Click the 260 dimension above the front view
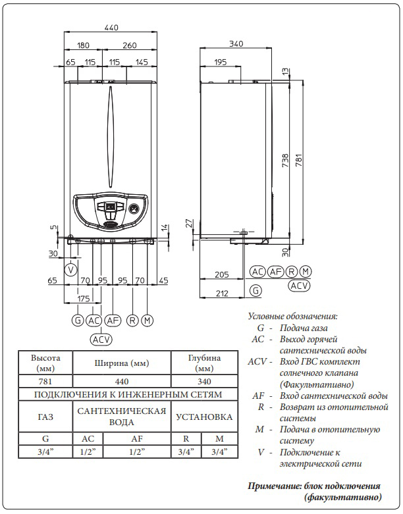[x=129, y=45]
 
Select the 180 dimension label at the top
[x=82, y=45]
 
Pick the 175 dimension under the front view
[x=83, y=298]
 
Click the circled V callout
[x=71, y=269]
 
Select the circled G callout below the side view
[x=255, y=290]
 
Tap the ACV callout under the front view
[x=101, y=340]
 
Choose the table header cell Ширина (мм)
[x=122, y=363]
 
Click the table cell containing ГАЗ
[x=45, y=417]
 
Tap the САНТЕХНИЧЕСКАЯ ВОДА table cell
[x=121, y=417]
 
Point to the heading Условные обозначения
[x=292, y=316]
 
